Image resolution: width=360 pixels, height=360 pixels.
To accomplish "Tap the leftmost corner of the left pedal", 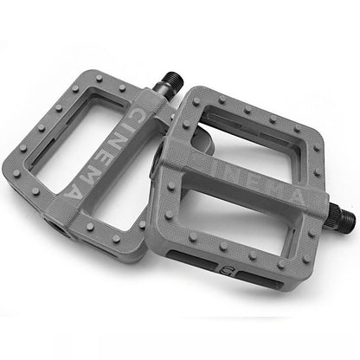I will pyautogui.click(x=9, y=169).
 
